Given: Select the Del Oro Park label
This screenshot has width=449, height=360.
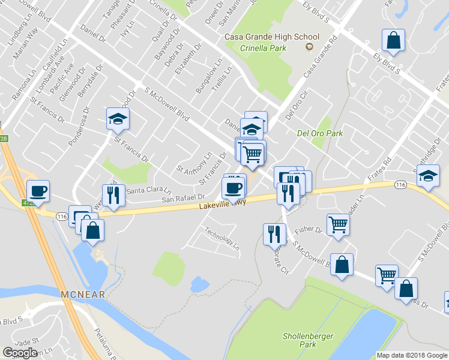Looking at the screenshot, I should pyautogui.click(x=320, y=133).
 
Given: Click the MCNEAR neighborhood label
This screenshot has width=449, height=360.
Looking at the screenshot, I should pyautogui.click(x=82, y=294).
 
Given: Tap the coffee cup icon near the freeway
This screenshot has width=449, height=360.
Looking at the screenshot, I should pyautogui.click(x=38, y=191).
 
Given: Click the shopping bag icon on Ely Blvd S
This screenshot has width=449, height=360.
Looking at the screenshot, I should pyautogui.click(x=393, y=41).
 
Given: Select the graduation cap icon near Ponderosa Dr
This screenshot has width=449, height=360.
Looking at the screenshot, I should pyautogui.click(x=118, y=119).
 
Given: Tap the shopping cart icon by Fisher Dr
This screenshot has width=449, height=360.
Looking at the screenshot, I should pyautogui.click(x=339, y=225).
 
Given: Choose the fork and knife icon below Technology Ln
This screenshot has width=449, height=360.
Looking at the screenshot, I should pyautogui.click(x=274, y=233).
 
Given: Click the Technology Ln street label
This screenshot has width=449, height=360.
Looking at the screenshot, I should pyautogui.click(x=221, y=238).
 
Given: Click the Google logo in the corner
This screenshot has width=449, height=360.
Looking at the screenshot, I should pyautogui.click(x=20, y=353).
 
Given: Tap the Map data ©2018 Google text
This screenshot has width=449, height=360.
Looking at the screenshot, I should pyautogui.click(x=411, y=355).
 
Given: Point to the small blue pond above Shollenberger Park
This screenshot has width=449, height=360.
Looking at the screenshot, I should pyautogui.click(x=199, y=284).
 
